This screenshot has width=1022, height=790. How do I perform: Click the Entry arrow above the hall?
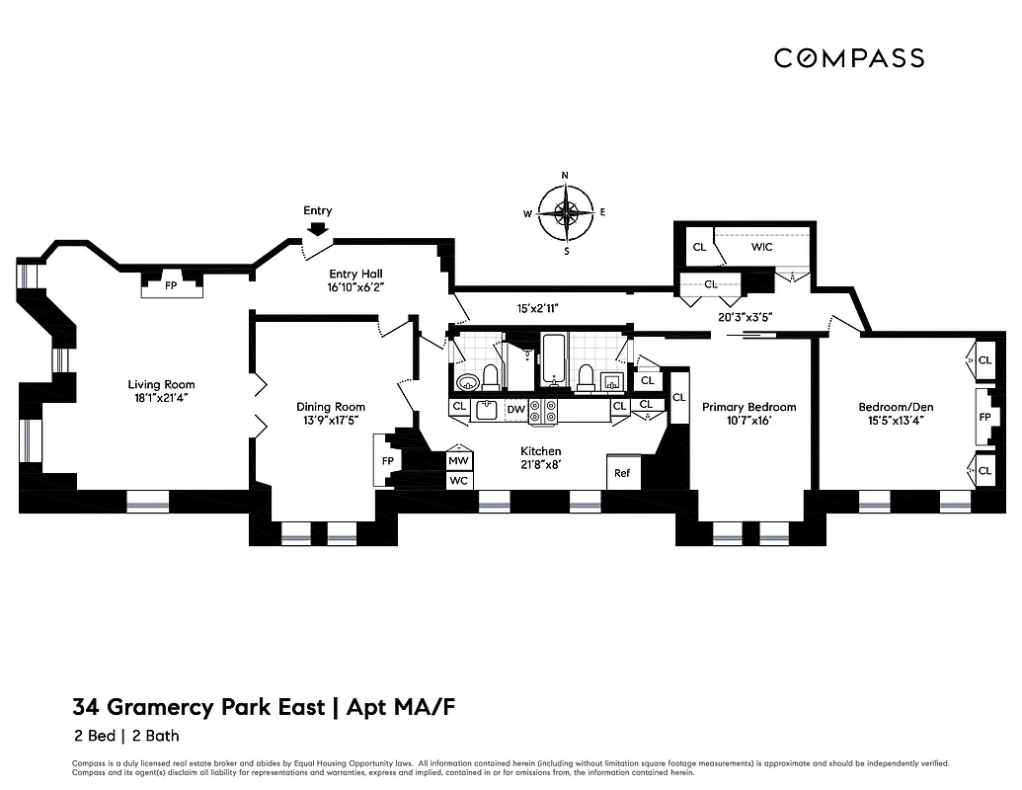317,229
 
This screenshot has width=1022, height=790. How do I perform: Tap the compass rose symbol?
566,212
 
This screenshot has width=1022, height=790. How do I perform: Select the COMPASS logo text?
848,58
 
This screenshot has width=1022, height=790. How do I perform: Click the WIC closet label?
761,247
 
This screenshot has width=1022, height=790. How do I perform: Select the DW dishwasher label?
515,407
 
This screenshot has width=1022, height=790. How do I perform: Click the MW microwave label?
459,460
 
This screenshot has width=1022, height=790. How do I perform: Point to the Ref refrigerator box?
622,473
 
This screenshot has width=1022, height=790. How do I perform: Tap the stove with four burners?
544,411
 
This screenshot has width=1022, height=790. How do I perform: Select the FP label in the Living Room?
171,285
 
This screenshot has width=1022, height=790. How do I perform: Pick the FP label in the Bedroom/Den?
983,418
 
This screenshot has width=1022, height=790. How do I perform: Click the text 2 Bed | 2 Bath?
125,736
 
